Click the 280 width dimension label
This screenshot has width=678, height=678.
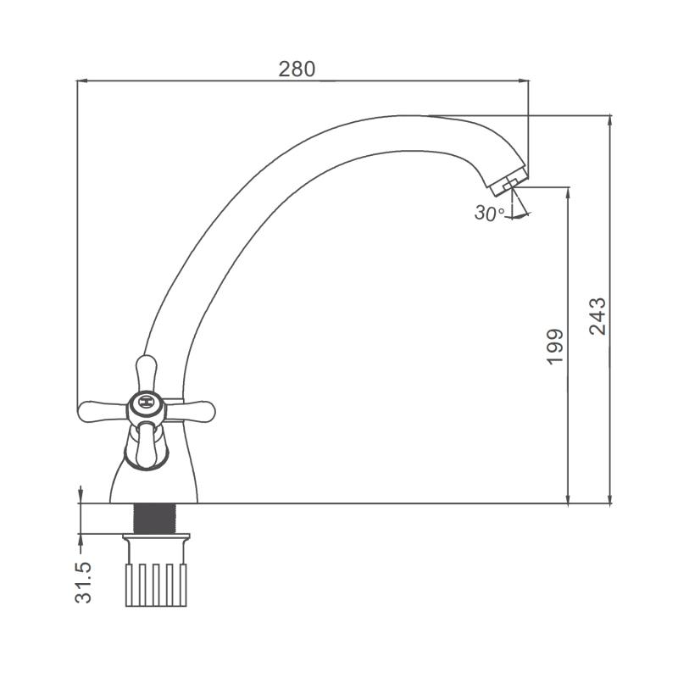(x=297, y=69)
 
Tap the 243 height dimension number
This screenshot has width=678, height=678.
(x=598, y=316)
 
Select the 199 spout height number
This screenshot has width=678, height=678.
(x=556, y=347)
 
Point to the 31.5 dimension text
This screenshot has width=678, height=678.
(x=83, y=582)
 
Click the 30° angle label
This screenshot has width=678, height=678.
(x=489, y=214)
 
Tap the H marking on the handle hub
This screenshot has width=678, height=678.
(x=147, y=403)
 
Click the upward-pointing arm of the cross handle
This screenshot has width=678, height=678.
(x=146, y=373)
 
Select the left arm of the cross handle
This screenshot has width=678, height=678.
(x=103, y=412)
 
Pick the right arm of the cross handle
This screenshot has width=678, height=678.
(x=191, y=412)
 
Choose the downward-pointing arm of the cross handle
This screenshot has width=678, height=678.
(x=146, y=446)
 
